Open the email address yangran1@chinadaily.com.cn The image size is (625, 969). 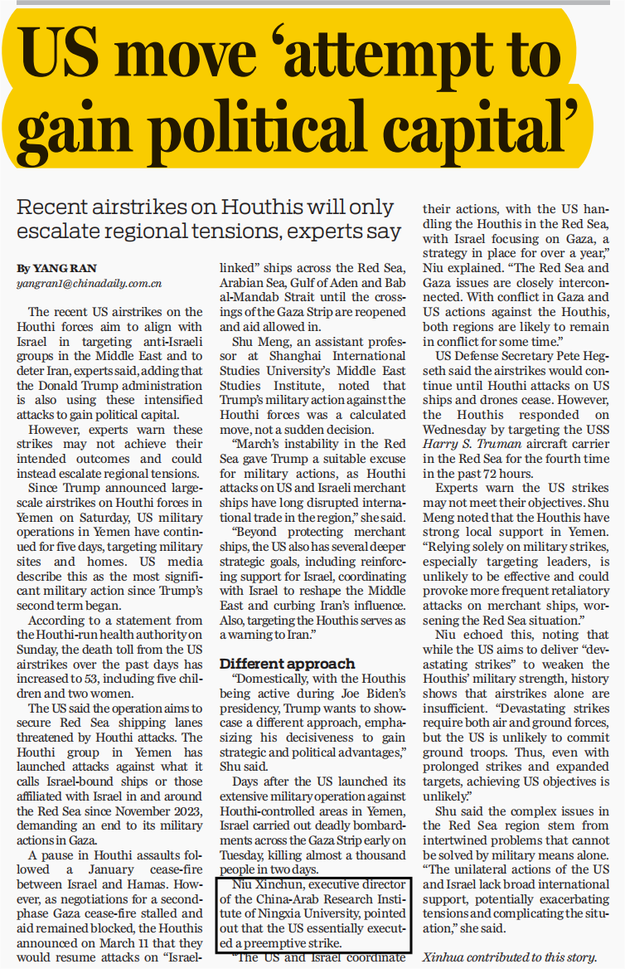[x=89, y=284]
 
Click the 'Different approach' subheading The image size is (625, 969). [x=287, y=663]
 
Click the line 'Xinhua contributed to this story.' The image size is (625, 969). [x=510, y=956]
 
